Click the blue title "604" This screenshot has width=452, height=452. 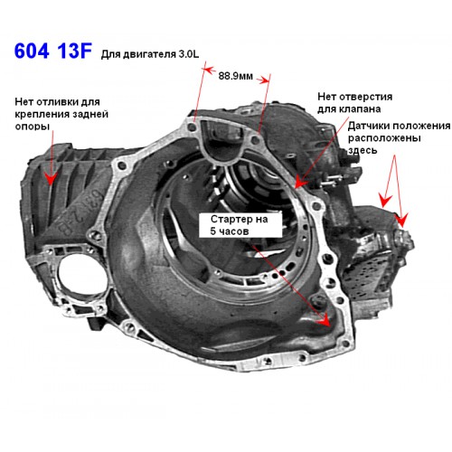click(x=32, y=51)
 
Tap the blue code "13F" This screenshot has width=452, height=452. click(x=74, y=51)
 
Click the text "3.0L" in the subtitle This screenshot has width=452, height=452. click(x=189, y=54)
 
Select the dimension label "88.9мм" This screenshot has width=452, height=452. click(x=235, y=76)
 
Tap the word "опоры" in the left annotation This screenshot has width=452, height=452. click(x=33, y=126)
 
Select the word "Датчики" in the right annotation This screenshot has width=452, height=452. click(x=370, y=126)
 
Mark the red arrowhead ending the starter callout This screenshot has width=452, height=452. click(x=325, y=319)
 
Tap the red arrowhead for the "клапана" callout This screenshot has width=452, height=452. click(x=300, y=183)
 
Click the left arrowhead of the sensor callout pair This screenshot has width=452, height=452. click(x=384, y=201)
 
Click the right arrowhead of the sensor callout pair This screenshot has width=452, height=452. click(x=402, y=220)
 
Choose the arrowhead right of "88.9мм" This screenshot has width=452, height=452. click(x=263, y=80)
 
